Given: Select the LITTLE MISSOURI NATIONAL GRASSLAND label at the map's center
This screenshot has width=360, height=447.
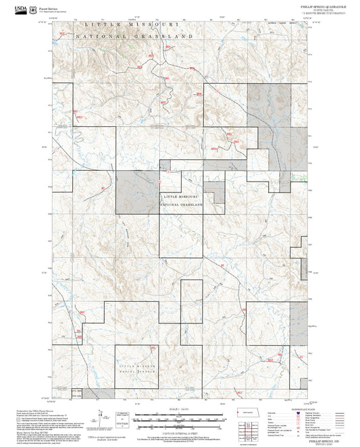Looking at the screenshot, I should (x=181, y=201).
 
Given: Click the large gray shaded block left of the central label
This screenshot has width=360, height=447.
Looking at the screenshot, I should (x=137, y=192).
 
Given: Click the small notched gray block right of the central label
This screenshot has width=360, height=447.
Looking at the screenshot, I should (x=215, y=196).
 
